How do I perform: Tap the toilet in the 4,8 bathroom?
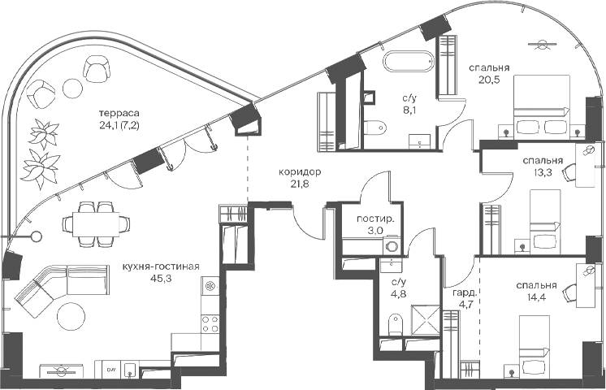(x=394, y=324)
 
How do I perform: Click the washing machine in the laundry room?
(x=392, y=247)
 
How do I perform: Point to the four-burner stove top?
(x=210, y=324)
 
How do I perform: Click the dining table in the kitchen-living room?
(x=96, y=224)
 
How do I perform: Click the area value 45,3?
(x=162, y=279)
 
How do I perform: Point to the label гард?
(x=465, y=292)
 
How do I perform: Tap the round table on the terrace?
(x=73, y=88)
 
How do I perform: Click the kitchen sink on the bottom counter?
(x=130, y=370)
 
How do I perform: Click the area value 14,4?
(x=536, y=297)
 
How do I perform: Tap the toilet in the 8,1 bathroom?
(x=375, y=127)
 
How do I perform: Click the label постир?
(x=375, y=219)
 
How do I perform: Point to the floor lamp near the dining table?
(x=37, y=236)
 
